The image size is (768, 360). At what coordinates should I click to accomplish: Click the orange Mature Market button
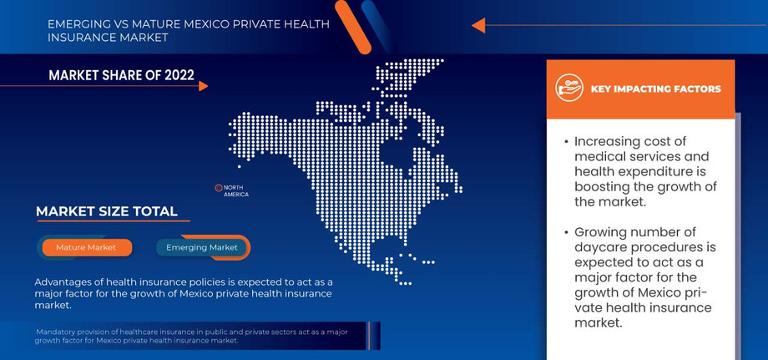[x=86, y=248]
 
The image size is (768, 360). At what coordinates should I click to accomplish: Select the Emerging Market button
[x=201, y=247]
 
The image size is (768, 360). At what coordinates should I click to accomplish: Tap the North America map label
[x=235, y=190]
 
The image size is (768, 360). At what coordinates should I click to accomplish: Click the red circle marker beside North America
[x=218, y=188]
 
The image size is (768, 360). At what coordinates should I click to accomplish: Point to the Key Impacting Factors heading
[x=655, y=89]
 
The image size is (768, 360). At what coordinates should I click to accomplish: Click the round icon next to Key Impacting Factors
[x=568, y=88]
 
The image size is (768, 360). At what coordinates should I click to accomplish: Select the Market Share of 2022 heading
[x=121, y=76]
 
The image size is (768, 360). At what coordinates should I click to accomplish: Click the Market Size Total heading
[x=106, y=211]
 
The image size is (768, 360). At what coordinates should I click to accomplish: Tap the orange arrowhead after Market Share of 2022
[x=204, y=85]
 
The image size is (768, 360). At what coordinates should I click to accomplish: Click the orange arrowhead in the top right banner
[x=478, y=26]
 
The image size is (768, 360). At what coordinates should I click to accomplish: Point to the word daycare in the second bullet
[x=603, y=247]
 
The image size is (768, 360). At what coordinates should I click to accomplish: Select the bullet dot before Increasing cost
[x=565, y=142]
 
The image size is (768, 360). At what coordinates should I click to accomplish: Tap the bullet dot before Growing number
[x=565, y=233]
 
